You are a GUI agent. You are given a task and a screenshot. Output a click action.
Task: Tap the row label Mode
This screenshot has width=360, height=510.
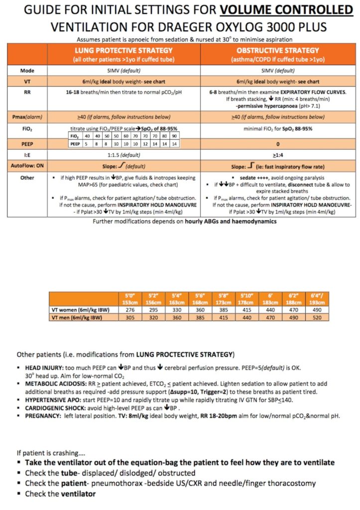(28, 71)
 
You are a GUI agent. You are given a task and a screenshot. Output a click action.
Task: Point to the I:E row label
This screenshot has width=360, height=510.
(28, 154)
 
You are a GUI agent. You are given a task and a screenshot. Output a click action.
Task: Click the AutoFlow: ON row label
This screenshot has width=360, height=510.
(28, 165)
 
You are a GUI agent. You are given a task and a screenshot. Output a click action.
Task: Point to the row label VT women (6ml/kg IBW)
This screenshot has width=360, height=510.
(80, 310)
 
